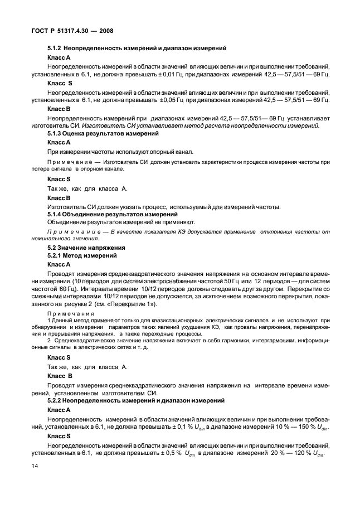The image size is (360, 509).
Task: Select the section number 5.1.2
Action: click(x=56, y=49)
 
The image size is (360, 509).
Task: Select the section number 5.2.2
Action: click(x=57, y=400)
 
